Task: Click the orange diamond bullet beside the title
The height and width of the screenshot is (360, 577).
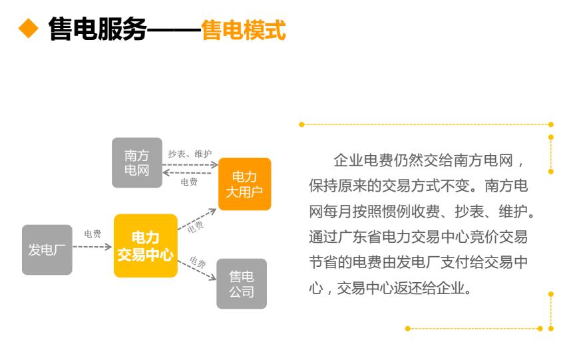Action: click(x=29, y=29)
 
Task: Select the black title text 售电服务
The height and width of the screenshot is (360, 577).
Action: click(x=98, y=29)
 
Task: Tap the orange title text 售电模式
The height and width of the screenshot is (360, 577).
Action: click(x=243, y=29)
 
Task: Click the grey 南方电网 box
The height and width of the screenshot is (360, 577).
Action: click(x=137, y=163)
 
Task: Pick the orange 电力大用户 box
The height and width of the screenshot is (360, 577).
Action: click(x=245, y=184)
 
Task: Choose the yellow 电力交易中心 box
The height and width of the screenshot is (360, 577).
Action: click(x=146, y=246)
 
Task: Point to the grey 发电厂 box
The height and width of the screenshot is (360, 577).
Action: click(x=47, y=250)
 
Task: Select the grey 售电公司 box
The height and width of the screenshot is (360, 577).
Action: click(x=242, y=283)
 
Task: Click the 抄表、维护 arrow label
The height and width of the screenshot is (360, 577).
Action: click(x=190, y=154)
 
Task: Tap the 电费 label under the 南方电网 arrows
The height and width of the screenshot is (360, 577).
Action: click(x=189, y=182)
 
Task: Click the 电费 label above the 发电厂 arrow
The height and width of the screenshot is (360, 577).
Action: click(x=93, y=234)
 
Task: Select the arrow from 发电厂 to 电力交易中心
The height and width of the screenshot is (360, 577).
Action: click(x=93, y=247)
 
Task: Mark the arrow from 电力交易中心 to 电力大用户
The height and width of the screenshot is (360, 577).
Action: click(x=197, y=219)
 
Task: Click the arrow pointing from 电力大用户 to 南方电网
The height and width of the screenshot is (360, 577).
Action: click(x=187, y=172)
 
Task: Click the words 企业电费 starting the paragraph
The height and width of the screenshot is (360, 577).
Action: click(x=363, y=160)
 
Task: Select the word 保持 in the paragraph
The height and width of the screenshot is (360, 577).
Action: click(x=323, y=186)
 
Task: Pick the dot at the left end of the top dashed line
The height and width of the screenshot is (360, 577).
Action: click(x=301, y=124)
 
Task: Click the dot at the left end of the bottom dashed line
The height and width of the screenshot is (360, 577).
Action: click(x=407, y=328)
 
